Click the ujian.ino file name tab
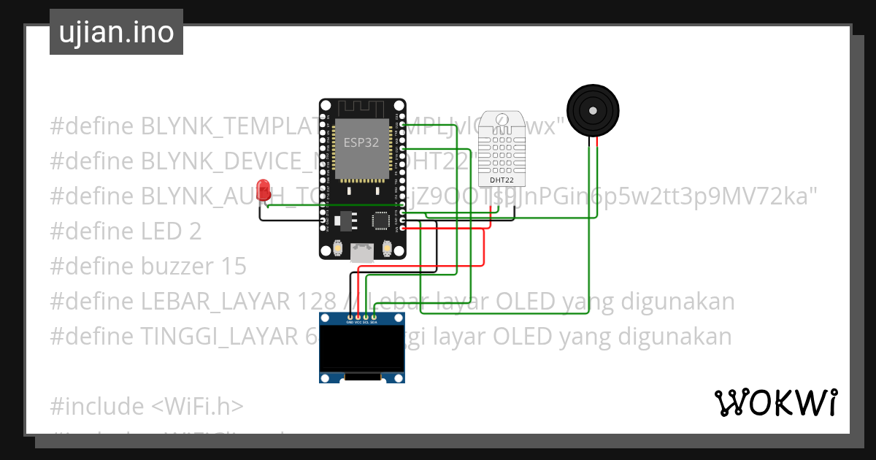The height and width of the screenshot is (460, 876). (116, 32)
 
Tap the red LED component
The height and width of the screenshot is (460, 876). (264, 187)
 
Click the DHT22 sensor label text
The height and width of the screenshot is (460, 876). (501, 180)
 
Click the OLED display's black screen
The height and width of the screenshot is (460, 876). (363, 348)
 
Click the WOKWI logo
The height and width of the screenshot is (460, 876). (776, 403)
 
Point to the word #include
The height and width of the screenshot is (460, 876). (97, 406)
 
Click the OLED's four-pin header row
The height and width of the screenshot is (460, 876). (361, 318)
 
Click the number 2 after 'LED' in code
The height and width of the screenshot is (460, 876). (194, 231)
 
